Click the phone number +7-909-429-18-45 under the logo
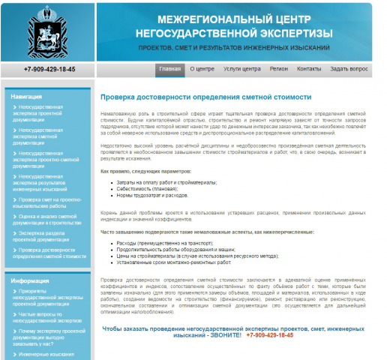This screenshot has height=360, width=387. point(49,69)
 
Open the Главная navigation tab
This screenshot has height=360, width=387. point(170,69)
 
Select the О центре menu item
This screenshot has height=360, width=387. point(202,69)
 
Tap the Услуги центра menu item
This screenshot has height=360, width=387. point(242,69)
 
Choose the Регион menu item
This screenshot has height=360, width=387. point(279,69)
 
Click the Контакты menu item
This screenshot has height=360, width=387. point(309,69)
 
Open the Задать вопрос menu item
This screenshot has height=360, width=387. point(349,69)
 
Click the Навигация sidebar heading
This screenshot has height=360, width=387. point(27,97)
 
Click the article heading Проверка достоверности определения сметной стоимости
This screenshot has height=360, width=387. point(205,97)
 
